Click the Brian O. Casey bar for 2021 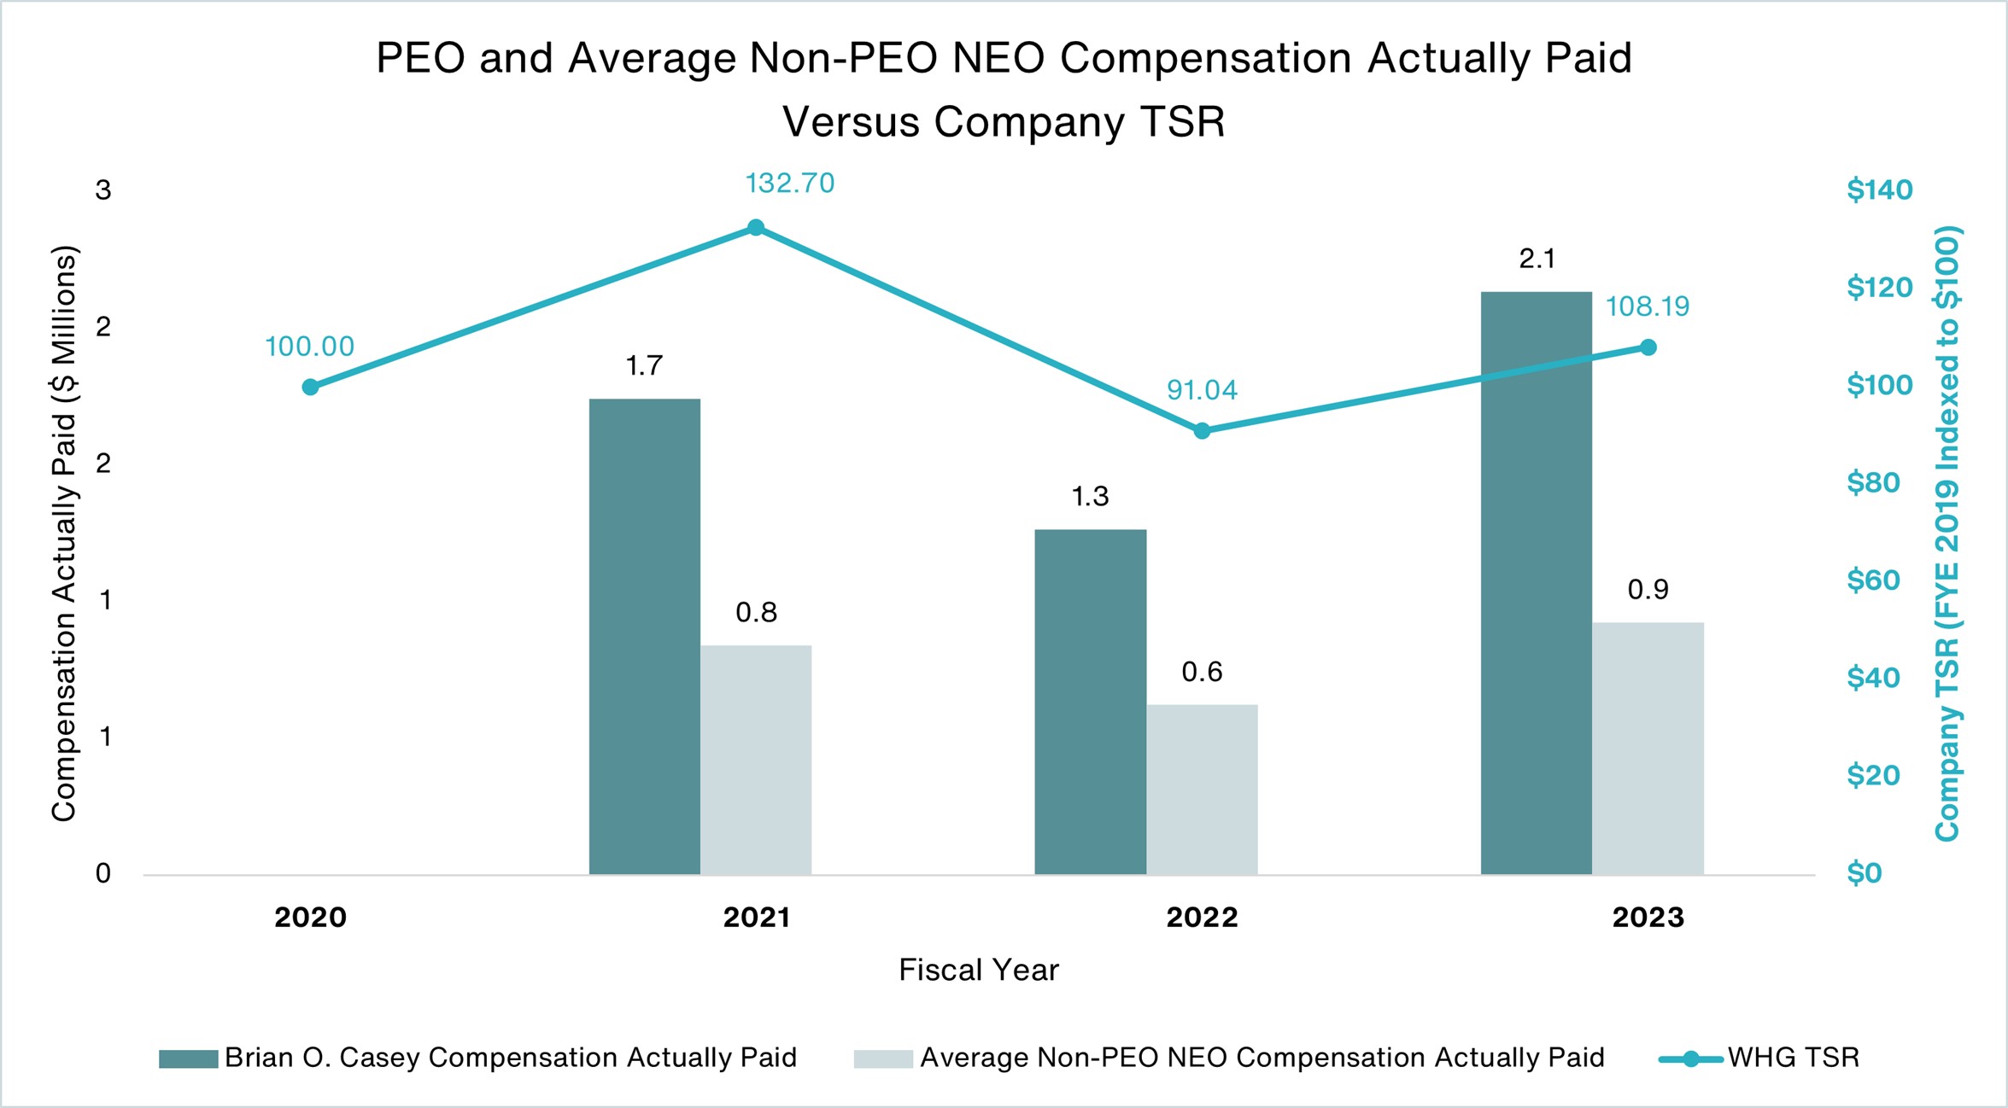[644, 636]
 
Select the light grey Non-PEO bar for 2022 [1202, 789]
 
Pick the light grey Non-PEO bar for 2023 [1648, 748]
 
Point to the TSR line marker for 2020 [311, 388]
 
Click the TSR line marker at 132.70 [756, 227]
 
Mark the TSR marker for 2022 [1202, 431]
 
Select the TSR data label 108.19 [1647, 306]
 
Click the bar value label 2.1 [1537, 259]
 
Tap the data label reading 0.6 [1202, 673]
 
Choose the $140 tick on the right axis [1879, 190]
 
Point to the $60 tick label [1873, 580]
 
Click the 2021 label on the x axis [756, 918]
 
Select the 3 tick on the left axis [103, 190]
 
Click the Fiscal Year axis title [979, 971]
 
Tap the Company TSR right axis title [1947, 534]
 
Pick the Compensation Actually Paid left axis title [64, 534]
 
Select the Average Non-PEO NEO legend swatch [883, 1059]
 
